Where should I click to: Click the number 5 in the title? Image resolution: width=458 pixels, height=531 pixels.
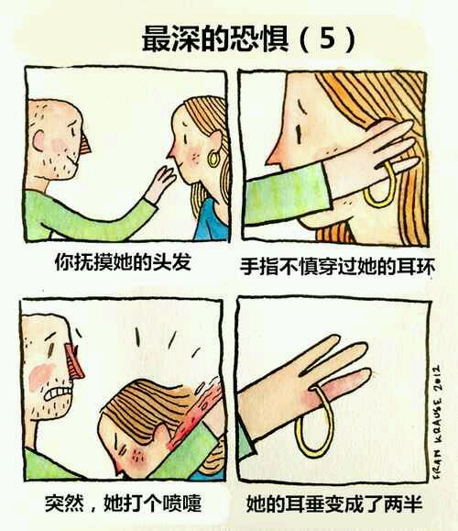(327, 38)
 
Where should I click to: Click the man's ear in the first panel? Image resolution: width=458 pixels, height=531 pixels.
(38, 140)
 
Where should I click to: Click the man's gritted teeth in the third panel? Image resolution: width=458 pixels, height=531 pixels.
(59, 393)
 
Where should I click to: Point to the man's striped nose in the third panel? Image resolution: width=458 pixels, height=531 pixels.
(75, 361)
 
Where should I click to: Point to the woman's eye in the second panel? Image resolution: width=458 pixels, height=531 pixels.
(299, 134)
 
